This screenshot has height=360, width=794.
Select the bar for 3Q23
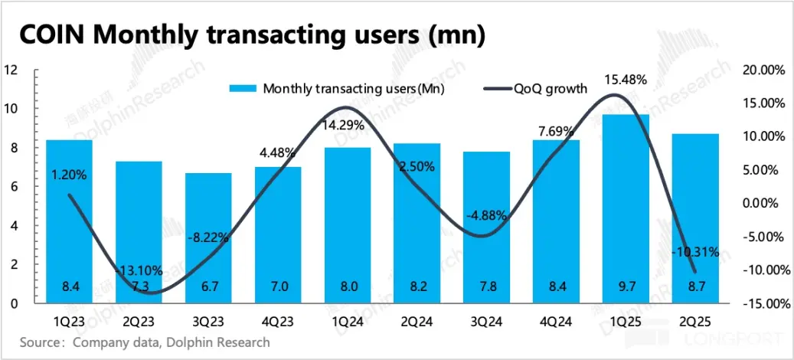pos(208,237)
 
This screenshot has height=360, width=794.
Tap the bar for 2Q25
pos(695,218)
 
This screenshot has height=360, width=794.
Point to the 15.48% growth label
pos(627,79)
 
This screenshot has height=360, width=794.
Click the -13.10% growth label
pos(139,271)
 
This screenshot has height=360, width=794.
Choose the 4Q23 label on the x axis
pos(279,320)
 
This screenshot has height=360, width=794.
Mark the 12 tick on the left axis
pos(11,70)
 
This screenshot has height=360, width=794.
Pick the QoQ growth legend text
pos(550,89)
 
